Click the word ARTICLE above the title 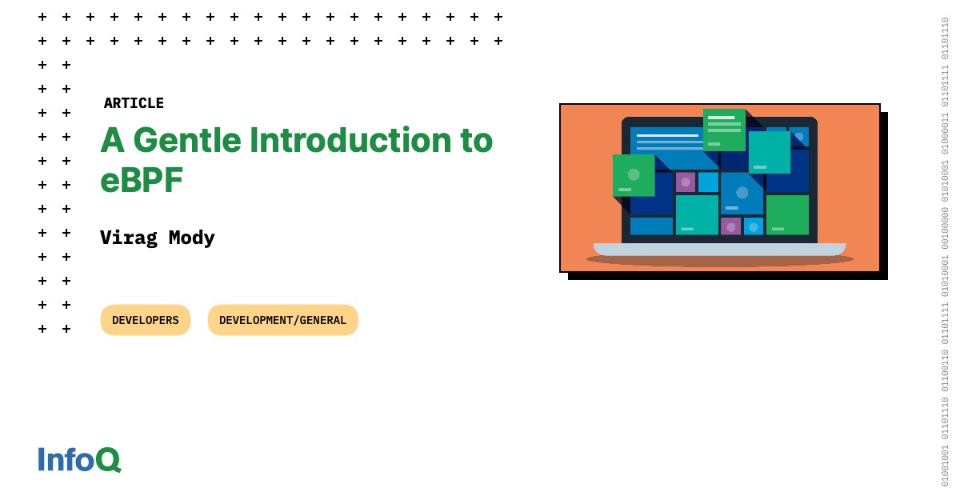[134, 103]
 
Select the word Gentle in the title [187, 141]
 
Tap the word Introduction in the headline [350, 140]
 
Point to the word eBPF [142, 180]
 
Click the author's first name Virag [129, 238]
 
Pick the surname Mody [191, 238]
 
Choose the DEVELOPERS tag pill [146, 320]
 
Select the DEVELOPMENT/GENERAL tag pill [283, 320]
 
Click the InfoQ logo [80, 459]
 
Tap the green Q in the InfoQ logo [109, 460]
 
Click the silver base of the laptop [719, 250]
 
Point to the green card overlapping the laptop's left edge [634, 175]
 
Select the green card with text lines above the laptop [724, 130]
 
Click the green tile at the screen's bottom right [787, 215]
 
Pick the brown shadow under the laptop [719, 261]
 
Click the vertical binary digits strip [945, 252]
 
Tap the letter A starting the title [113, 140]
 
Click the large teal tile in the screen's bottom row [697, 215]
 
